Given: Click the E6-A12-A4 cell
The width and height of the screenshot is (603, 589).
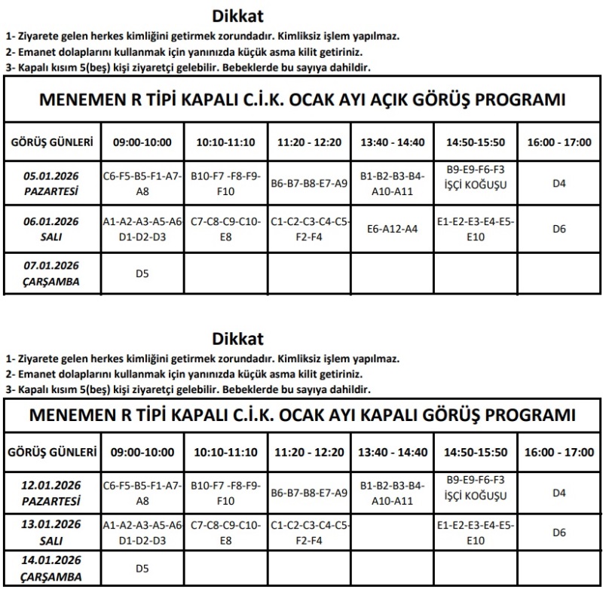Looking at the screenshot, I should click(392, 228).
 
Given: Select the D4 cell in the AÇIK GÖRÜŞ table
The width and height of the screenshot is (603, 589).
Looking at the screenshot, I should click(559, 183).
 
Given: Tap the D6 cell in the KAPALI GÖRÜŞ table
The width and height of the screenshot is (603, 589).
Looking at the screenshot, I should click(559, 533).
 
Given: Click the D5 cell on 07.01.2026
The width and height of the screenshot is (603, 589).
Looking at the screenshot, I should click(142, 273).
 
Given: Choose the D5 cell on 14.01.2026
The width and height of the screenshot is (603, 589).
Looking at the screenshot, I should click(142, 568).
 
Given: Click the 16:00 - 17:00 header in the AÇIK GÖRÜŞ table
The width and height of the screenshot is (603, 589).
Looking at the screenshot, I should click(559, 142).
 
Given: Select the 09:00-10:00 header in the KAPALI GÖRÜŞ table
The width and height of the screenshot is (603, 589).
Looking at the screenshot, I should click(142, 453).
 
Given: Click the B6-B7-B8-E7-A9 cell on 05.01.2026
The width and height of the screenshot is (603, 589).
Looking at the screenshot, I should click(309, 183).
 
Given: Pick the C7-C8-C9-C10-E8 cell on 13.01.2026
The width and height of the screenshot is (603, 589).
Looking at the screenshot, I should click(225, 533).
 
